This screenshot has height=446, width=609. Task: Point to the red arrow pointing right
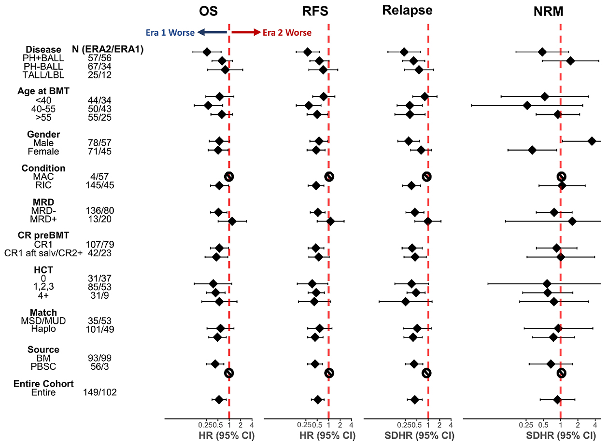[x=245, y=32]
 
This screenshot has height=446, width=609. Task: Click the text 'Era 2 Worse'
[x=287, y=33]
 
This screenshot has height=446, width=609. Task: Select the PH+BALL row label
[x=43, y=58]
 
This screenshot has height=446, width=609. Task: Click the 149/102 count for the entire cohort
[x=100, y=392]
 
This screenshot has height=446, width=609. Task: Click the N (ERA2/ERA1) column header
[x=107, y=49]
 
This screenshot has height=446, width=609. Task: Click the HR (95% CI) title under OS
[x=227, y=435]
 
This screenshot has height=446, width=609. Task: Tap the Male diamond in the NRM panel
[x=592, y=141]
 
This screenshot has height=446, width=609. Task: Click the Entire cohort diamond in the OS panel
[x=219, y=400]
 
